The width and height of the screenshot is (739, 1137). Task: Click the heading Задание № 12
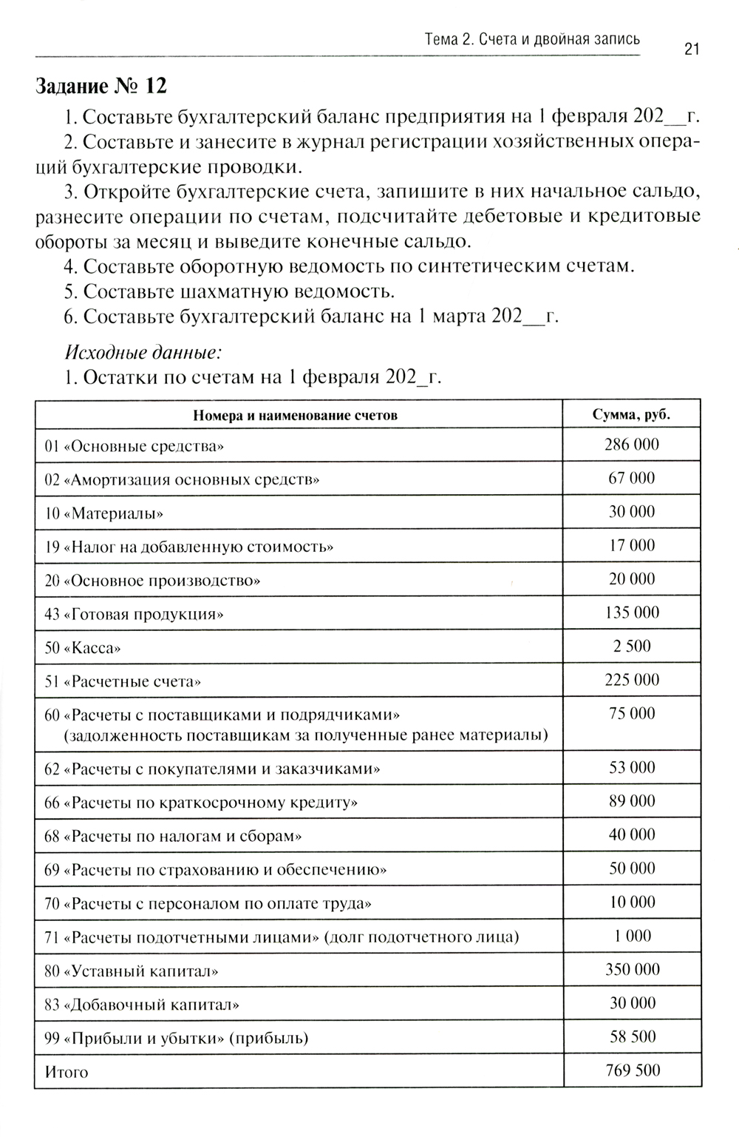[101, 86]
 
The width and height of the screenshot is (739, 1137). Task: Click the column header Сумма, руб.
[631, 414]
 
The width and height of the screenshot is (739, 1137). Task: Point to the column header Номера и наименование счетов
[295, 415]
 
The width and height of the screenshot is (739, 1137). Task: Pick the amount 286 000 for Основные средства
[631, 445]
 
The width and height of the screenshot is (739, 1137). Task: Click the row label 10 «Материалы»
[103, 513]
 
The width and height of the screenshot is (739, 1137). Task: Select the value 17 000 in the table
[631, 545]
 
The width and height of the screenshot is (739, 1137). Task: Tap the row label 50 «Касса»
[83, 648]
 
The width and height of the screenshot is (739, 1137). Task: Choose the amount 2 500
[632, 646]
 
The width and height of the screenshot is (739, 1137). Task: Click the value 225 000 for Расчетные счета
[632, 680]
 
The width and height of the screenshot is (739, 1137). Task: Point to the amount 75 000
[632, 713]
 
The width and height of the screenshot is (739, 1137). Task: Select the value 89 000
[632, 801]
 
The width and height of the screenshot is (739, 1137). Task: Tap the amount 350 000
[633, 969]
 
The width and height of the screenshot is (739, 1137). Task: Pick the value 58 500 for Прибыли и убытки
[633, 1036]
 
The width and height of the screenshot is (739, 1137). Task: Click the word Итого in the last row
[67, 1072]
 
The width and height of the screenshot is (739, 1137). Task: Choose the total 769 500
[633, 1070]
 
